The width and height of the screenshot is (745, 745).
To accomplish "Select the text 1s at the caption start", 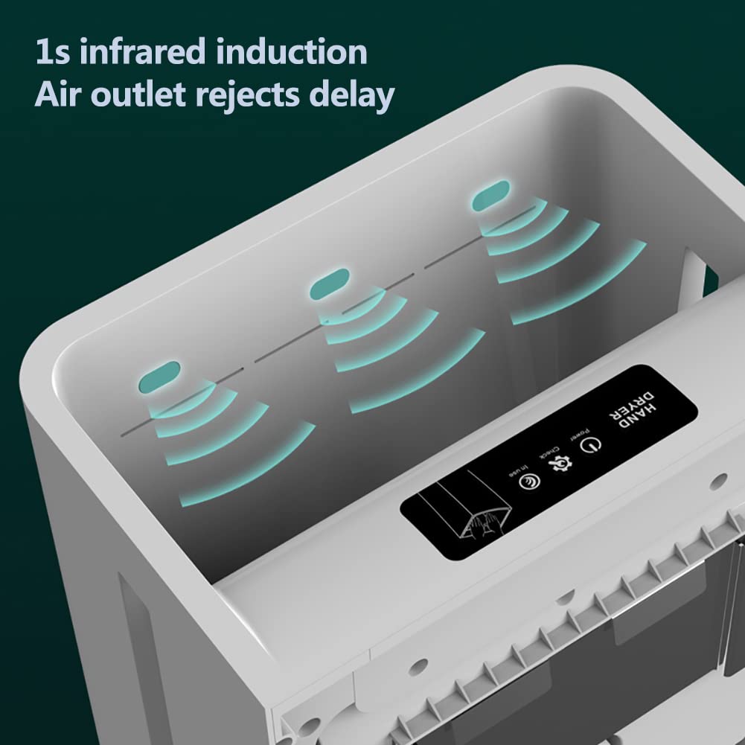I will [x=49, y=53].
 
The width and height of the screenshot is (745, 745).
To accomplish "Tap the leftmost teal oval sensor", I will [x=160, y=377].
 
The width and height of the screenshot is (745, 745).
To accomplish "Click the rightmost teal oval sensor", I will [x=491, y=194].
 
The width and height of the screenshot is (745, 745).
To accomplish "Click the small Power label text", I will [x=579, y=433].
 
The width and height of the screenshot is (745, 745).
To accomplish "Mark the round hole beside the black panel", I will [x=717, y=482].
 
